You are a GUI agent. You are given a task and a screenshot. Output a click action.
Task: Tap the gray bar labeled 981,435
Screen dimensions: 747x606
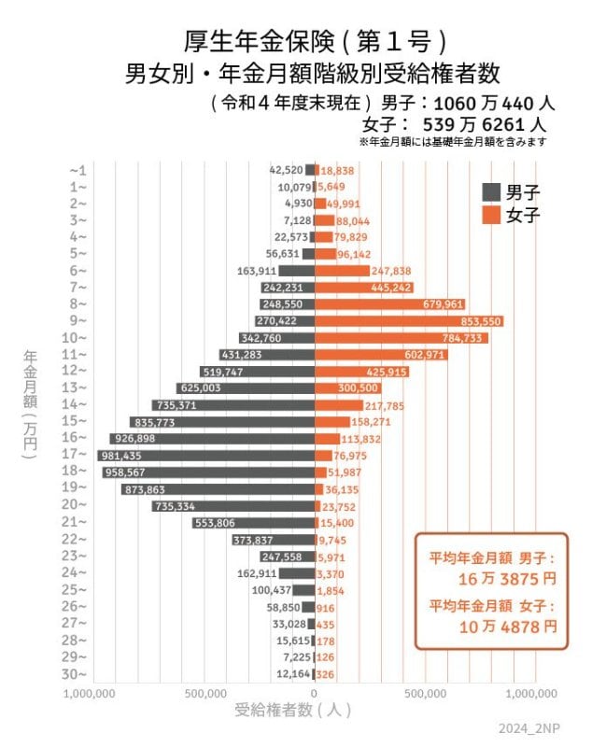pos(205,456)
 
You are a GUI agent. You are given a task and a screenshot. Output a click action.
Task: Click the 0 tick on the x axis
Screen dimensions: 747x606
pos(315,694)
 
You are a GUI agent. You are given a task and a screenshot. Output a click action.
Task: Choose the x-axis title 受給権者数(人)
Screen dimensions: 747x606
pos(293,711)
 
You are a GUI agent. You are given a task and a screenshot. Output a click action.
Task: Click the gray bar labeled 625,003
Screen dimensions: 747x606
pos(246,388)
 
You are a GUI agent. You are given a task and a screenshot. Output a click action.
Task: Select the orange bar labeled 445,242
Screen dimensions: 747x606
pos(363,288)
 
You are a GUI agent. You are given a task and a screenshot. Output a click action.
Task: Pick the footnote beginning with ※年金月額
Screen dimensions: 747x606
pos(452,142)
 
